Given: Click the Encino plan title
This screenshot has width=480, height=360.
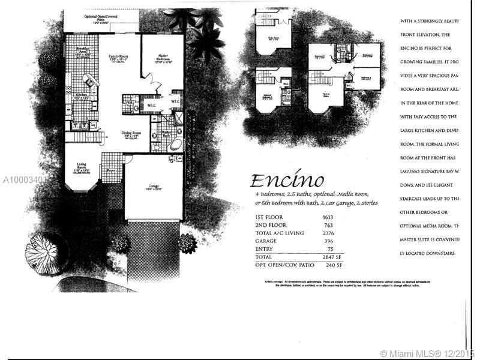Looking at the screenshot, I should click(286, 181).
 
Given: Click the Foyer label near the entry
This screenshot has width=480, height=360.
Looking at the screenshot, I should click(112, 169).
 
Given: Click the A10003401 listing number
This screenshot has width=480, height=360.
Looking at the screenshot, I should click(24, 179).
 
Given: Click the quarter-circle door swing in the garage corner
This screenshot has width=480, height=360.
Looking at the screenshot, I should click(127, 158).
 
